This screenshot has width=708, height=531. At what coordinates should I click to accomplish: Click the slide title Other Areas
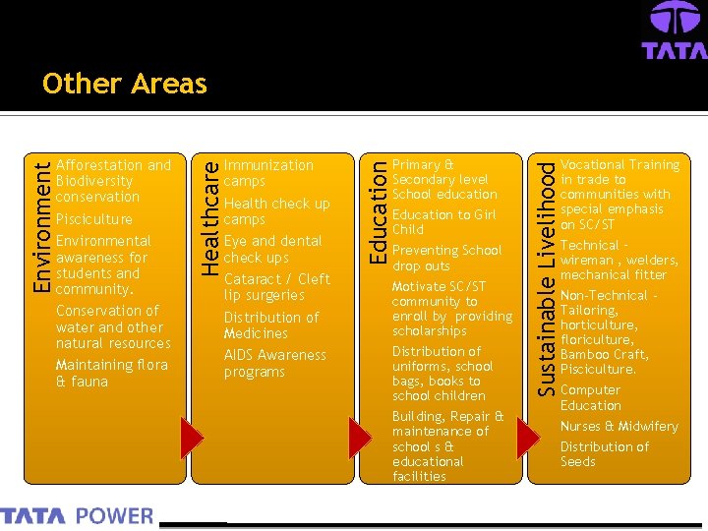tap(125, 84)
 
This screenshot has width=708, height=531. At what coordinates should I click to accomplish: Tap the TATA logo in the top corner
tap(674, 30)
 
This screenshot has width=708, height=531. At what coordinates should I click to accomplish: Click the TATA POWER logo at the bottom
tap(77, 515)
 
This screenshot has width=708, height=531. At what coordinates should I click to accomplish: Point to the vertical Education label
tap(376, 210)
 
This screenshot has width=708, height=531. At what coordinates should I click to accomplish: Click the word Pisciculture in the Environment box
tap(94, 218)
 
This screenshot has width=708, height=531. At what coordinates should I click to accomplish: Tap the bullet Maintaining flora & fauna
tap(111, 373)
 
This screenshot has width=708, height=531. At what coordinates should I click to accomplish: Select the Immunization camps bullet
tap(268, 173)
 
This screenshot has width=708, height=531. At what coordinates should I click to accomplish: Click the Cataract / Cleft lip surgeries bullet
tap(276, 286)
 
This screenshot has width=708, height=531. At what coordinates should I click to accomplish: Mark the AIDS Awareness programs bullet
tap(274, 363)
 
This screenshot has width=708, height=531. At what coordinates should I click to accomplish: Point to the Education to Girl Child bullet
tap(443, 221)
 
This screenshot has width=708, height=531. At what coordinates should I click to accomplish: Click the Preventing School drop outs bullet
tap(446, 258)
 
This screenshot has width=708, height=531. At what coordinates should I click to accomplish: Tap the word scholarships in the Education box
tap(429, 331)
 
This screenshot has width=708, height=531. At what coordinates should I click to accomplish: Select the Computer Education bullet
tap(590, 397)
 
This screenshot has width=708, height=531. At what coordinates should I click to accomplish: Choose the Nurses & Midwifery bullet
tap(619, 426)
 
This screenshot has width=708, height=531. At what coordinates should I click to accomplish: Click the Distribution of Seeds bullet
tap(604, 453)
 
